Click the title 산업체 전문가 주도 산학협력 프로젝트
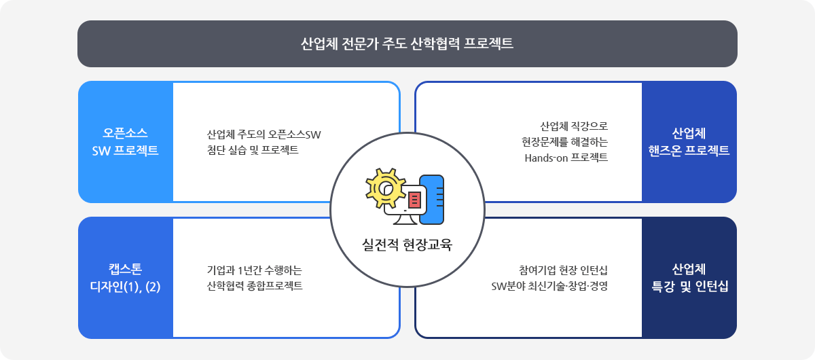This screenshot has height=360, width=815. (x=407, y=43)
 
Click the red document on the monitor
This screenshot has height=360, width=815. (x=414, y=200)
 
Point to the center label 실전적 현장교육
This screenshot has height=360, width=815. (x=407, y=245)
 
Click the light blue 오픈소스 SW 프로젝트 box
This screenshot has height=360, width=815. (x=126, y=142)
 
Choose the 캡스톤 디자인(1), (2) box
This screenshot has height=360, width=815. (x=126, y=278)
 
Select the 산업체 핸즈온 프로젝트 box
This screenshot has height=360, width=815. (x=689, y=142)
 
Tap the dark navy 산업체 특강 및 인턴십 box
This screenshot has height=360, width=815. (x=689, y=278)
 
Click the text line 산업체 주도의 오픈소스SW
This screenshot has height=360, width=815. (x=264, y=134)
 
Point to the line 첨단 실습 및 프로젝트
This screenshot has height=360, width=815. (x=253, y=149)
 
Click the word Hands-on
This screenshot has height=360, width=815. (x=545, y=158)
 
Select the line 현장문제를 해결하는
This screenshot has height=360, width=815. (x=564, y=142)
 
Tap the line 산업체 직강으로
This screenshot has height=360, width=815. (x=574, y=126)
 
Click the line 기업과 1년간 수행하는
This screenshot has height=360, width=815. (x=254, y=270)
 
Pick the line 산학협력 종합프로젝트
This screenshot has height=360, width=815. (x=254, y=286)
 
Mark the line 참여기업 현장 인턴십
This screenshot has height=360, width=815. (x=563, y=270)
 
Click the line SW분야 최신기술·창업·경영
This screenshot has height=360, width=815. (x=549, y=286)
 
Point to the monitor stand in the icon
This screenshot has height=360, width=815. (x=405, y=219)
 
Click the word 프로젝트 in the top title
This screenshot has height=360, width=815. (x=488, y=43)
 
